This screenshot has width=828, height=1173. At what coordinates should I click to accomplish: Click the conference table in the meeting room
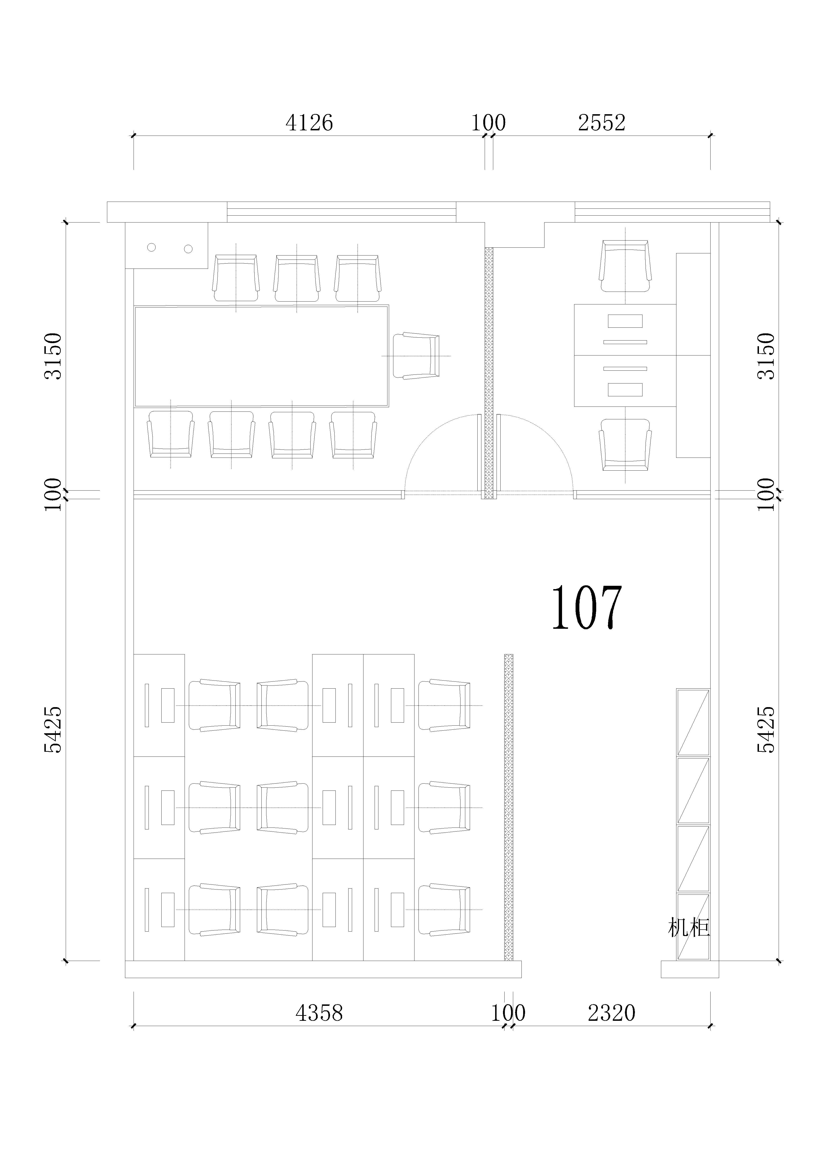click(261, 356)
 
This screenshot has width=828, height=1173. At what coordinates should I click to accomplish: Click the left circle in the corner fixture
click(151, 247)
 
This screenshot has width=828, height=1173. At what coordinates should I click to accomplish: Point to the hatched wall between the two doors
click(489, 373)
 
